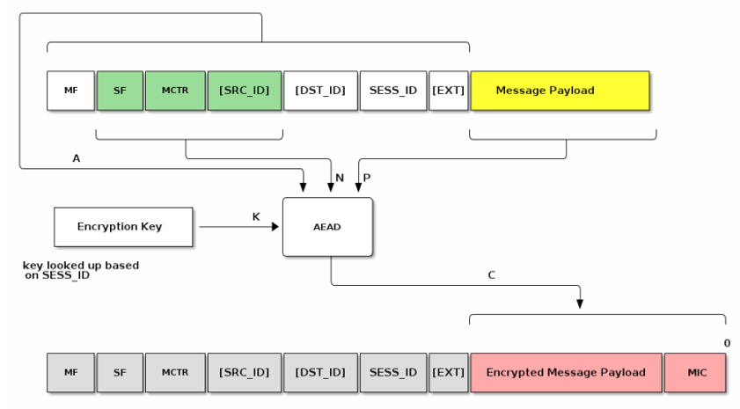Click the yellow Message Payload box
pyautogui.click(x=560, y=91)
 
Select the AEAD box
pyautogui.click(x=327, y=227)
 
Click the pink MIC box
pyautogui.click(x=696, y=372)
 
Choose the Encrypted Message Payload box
pyautogui.click(x=566, y=372)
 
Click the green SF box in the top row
pyautogui.click(x=120, y=91)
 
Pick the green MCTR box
pyautogui.click(x=175, y=91)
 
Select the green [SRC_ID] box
pyautogui.click(x=245, y=91)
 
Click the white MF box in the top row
pyautogui.click(x=70, y=91)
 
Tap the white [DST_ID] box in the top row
pyautogui.click(x=320, y=91)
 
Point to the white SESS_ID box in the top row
pyautogui.click(x=393, y=91)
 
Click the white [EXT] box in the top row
pyautogui.click(x=449, y=91)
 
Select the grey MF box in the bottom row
pyautogui.click(x=70, y=372)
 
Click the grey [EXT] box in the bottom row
pyautogui.click(x=449, y=372)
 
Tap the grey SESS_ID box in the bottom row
pyautogui.click(x=393, y=372)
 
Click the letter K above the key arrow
pyautogui.click(x=256, y=216)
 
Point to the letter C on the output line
pyautogui.click(x=491, y=275)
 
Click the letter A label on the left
pyautogui.click(x=76, y=158)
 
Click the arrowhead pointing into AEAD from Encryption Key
pyautogui.click(x=276, y=227)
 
